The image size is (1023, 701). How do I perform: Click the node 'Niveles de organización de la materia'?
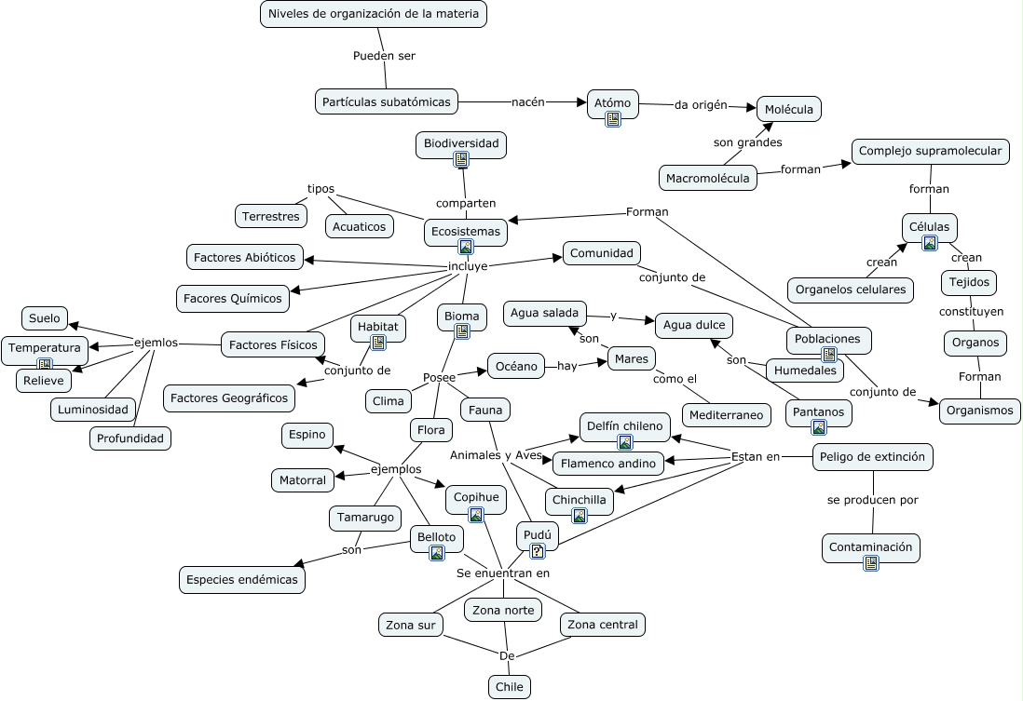tap(374, 14)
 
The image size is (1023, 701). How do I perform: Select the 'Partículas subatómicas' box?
tap(387, 101)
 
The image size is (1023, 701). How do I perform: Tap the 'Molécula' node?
tap(789, 109)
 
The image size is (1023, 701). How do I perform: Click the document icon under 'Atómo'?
tap(613, 118)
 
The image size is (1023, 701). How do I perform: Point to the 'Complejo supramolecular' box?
tap(930, 151)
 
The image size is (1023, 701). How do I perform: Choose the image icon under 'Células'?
tap(929, 243)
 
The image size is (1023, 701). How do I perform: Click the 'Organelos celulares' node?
tap(851, 290)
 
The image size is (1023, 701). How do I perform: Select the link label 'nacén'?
tap(527, 101)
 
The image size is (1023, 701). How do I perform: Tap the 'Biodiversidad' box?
tap(461, 143)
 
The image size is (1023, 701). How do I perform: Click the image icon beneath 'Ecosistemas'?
tap(465, 247)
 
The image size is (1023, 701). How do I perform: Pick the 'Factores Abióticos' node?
tap(244, 257)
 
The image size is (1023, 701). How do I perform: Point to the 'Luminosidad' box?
tap(93, 409)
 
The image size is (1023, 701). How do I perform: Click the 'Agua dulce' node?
tap(694, 326)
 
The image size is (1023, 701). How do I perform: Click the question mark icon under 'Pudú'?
tap(538, 550)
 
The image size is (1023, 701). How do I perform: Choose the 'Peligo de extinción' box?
tap(873, 457)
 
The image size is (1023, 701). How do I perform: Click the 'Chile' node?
tap(509, 687)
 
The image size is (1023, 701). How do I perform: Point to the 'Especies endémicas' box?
tap(242, 579)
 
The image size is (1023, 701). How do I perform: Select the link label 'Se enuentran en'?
tap(503, 573)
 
